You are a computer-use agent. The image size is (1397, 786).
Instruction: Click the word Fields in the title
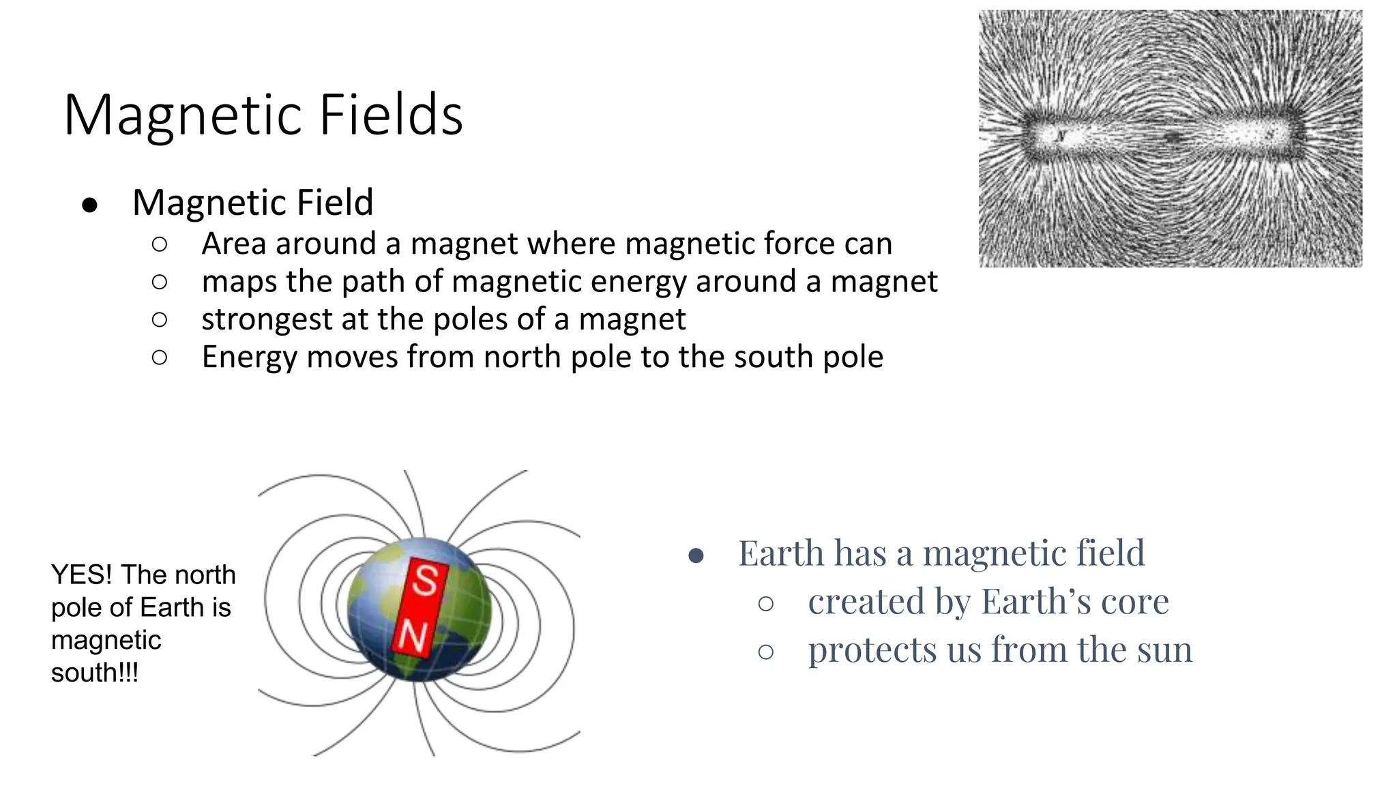[391, 115]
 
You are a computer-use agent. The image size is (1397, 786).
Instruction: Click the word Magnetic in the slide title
[183, 115]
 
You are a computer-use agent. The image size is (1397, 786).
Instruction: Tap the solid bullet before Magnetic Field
[89, 205]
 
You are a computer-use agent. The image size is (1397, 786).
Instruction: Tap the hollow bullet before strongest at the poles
[160, 319]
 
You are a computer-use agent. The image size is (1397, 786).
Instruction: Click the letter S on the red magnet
[426, 580]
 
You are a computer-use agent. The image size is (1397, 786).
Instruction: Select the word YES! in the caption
[81, 574]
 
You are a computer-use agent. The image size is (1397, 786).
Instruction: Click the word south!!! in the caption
[95, 673]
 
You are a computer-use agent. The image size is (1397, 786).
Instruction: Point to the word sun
[1164, 650]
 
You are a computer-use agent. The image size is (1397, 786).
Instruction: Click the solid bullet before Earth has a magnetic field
[696, 555]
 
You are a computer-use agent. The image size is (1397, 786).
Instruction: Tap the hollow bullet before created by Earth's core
[766, 604]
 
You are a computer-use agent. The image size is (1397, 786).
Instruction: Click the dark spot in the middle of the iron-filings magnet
[1173, 138]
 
